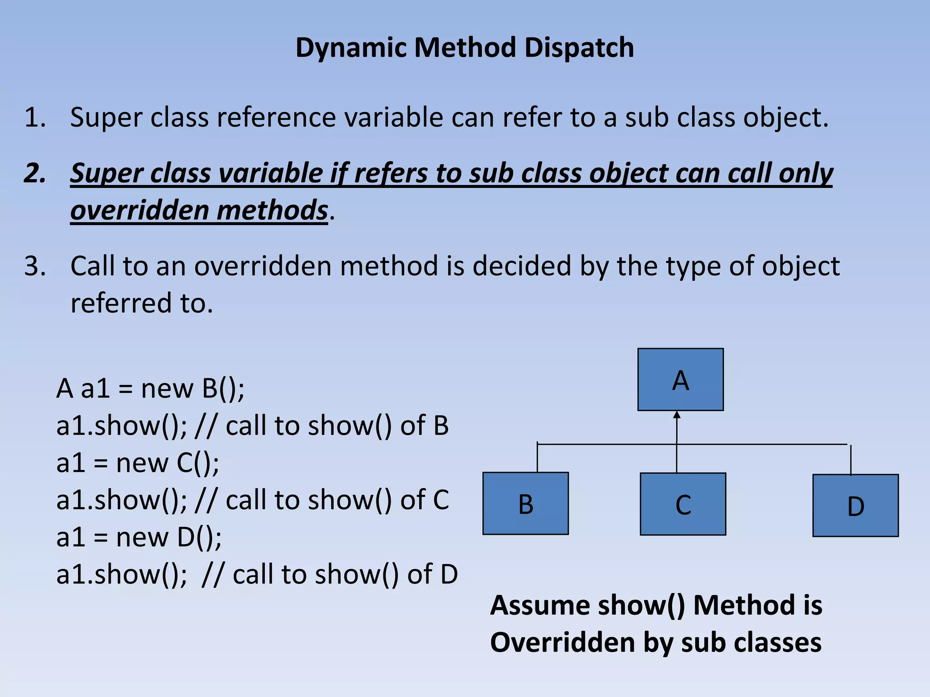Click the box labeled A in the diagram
(x=680, y=379)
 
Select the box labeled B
(x=525, y=503)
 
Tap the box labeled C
(x=683, y=504)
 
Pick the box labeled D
(x=855, y=506)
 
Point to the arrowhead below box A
(x=677, y=415)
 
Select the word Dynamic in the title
(x=351, y=48)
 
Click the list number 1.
(x=35, y=118)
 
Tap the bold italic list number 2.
(x=35, y=173)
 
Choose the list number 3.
(x=35, y=266)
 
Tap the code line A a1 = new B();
(x=150, y=388)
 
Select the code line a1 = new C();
(x=138, y=463)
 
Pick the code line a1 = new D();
(x=139, y=537)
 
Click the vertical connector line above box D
(x=851, y=459)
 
